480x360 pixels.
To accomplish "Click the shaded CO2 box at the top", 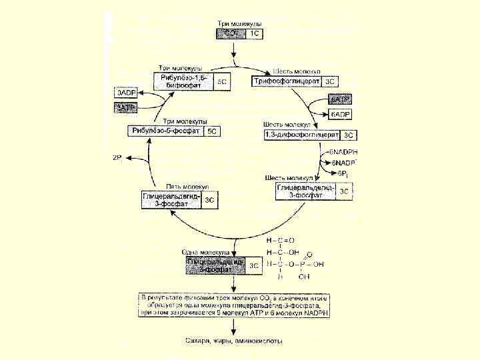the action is [232, 33].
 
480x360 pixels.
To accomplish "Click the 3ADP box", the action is [126, 93].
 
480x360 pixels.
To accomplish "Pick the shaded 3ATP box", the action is [126, 107].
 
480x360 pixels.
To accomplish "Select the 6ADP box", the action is [340, 114].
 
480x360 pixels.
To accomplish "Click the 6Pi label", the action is [341, 173].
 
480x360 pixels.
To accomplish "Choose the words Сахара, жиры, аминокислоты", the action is [233, 341].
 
